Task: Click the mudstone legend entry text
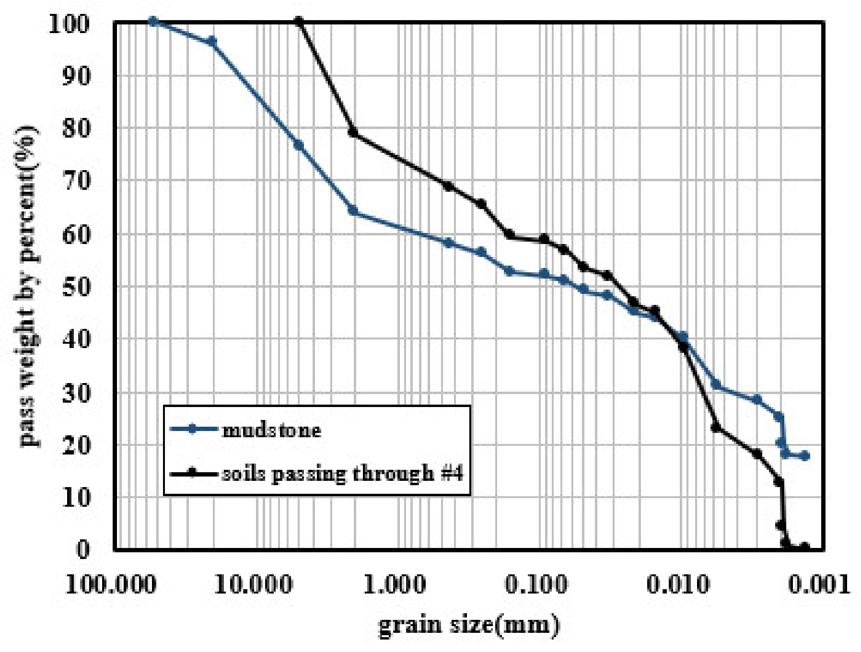pyautogui.click(x=271, y=430)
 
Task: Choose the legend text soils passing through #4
pyautogui.click(x=342, y=474)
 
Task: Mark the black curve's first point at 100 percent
pyautogui.click(x=299, y=22)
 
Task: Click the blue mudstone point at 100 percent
pyautogui.click(x=153, y=21)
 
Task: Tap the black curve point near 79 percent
pyautogui.click(x=354, y=133)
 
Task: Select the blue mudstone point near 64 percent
pyautogui.click(x=354, y=211)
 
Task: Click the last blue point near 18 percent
pyautogui.click(x=805, y=456)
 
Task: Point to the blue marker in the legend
pyautogui.click(x=193, y=430)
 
